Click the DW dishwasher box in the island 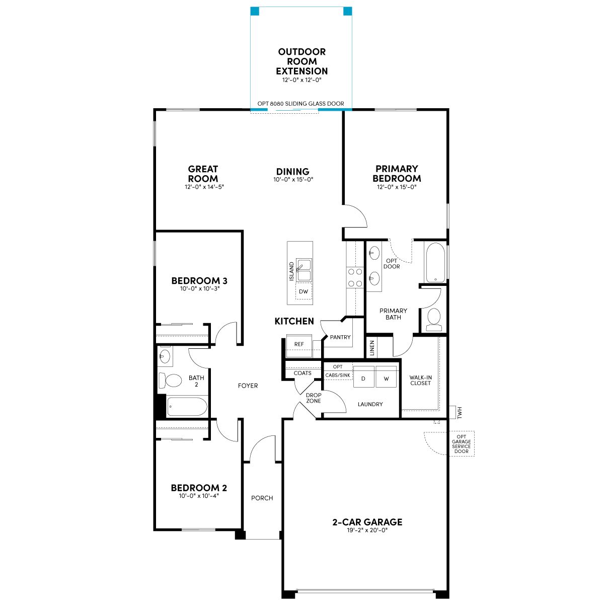pyautogui.click(x=303, y=291)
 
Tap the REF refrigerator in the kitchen pyautogui.click(x=299, y=345)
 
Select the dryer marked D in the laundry pyautogui.click(x=363, y=377)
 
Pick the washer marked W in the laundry pyautogui.click(x=386, y=377)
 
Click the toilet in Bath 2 pyautogui.click(x=170, y=381)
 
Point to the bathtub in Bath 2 pyautogui.click(x=187, y=406)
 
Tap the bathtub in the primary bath pyautogui.click(x=434, y=262)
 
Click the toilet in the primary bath pyautogui.click(x=434, y=319)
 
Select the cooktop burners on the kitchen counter pyautogui.click(x=355, y=277)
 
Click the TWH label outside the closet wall pyautogui.click(x=460, y=413)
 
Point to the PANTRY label pyautogui.click(x=340, y=337)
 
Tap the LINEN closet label pyautogui.click(x=372, y=348)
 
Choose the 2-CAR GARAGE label pyautogui.click(x=367, y=522)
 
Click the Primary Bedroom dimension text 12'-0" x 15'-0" pyautogui.click(x=397, y=187)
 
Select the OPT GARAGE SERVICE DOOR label pyautogui.click(x=462, y=444)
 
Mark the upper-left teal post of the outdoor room pyautogui.click(x=255, y=11)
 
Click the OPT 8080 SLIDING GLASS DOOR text pyautogui.click(x=300, y=104)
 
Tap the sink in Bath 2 pyautogui.click(x=165, y=356)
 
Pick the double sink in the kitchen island pyautogui.click(x=304, y=270)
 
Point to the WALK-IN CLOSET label pyautogui.click(x=420, y=380)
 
